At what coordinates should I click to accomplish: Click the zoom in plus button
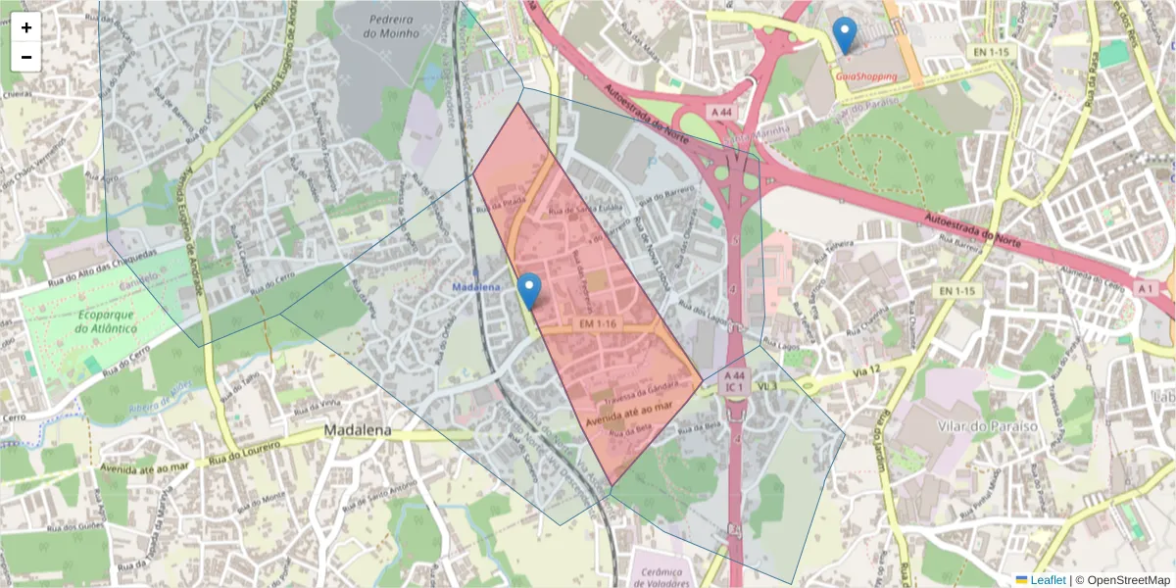coord(26,27)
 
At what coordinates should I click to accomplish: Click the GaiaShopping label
coord(866,75)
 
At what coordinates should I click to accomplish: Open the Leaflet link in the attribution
coord(1047,580)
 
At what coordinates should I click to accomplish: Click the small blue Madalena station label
coord(476,286)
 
